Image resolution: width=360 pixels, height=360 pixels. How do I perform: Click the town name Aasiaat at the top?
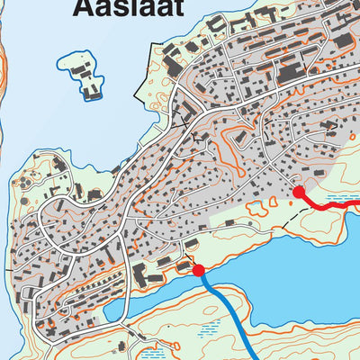(x=128, y=8)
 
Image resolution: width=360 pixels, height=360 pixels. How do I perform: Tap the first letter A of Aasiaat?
(x=81, y=8)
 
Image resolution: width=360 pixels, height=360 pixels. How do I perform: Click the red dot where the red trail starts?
(x=299, y=191)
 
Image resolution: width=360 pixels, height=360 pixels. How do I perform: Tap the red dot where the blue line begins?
(x=198, y=268)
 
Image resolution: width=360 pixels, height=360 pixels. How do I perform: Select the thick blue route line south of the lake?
(x=229, y=310)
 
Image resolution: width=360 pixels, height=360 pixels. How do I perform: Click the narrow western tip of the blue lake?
(x=112, y=311)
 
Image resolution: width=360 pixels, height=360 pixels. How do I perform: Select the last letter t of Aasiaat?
(x=177, y=8)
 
